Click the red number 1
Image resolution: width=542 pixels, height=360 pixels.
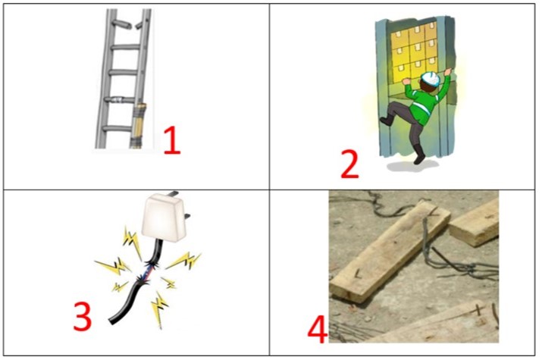coord(172,140)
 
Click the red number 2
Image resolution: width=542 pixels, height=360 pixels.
coord(349,164)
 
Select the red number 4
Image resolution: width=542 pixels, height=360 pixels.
coord(318,329)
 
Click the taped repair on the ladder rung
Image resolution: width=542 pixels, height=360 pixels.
coord(118,101)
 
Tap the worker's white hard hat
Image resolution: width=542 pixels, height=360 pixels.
coord(431,79)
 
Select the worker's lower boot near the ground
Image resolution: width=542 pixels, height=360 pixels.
coord(420,155)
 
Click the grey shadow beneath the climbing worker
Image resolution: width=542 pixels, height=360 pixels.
coord(412,166)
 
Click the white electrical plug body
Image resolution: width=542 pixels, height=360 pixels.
coord(163,217)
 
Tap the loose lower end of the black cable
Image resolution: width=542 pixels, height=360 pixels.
coord(112,321)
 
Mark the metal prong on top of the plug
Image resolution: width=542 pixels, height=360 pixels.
coord(173,193)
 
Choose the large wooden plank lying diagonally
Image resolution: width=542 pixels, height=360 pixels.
coord(390,252)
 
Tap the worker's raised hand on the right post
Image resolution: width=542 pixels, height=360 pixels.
coord(448,72)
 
